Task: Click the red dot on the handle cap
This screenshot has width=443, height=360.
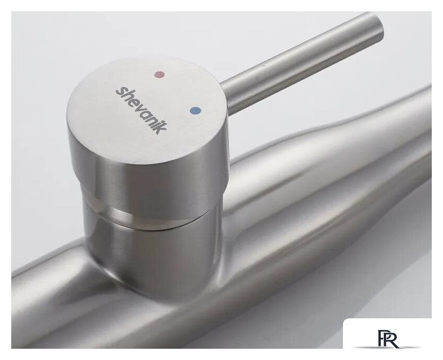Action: [x=160, y=74]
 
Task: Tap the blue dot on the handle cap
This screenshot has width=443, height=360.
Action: [x=196, y=110]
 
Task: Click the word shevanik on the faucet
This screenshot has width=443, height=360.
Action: [x=141, y=110]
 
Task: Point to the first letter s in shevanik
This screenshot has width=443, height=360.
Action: [x=120, y=91]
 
